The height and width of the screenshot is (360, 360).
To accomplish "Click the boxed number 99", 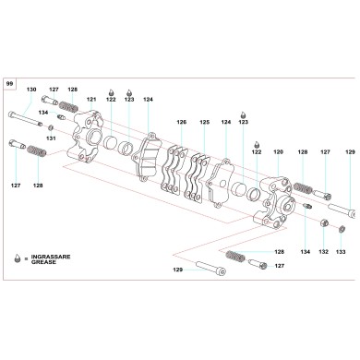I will pos(10,83).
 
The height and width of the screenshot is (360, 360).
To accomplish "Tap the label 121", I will pos(91,99).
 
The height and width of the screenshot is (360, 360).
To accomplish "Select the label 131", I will pos(52,138).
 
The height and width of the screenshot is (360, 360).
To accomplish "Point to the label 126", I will pos(182,122).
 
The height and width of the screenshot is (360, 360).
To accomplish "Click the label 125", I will pos(205,122).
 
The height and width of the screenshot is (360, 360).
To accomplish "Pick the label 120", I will pos(278,151).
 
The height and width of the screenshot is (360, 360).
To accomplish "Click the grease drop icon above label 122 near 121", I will pos(112,91).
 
